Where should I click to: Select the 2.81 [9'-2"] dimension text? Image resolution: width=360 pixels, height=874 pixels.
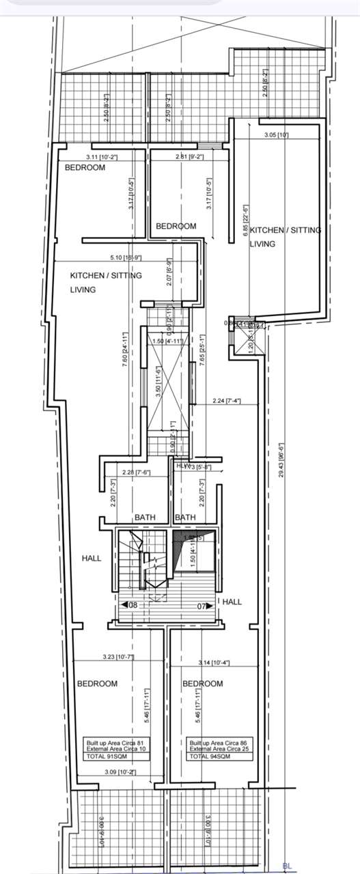pos(185,157)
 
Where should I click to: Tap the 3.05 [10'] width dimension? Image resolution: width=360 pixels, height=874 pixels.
pos(276,135)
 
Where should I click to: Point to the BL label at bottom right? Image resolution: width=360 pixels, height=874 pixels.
pos(287,866)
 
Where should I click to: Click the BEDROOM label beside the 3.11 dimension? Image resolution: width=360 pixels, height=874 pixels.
pos(85,167)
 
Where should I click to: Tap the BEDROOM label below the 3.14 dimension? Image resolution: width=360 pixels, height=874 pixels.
pos(202,683)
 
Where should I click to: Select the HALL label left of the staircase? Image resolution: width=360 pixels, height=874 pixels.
pos(91,558)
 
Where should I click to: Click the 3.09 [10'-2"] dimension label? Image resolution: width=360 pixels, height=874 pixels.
pos(100,772)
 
